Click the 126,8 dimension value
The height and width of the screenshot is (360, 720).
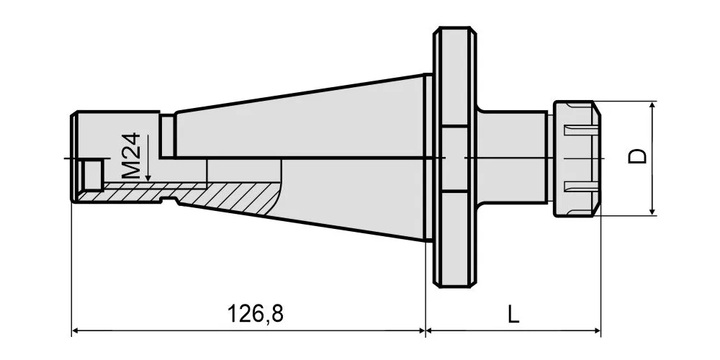(x=256, y=314)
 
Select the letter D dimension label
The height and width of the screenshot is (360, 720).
(x=637, y=156)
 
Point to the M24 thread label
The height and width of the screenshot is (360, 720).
(x=131, y=156)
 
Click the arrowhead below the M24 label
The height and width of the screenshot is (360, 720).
(x=148, y=177)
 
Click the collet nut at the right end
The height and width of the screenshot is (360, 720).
(x=577, y=158)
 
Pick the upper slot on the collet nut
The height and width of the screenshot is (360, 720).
(x=582, y=130)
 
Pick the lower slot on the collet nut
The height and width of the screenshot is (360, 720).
(x=582, y=186)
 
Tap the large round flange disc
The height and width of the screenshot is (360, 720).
(x=455, y=157)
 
